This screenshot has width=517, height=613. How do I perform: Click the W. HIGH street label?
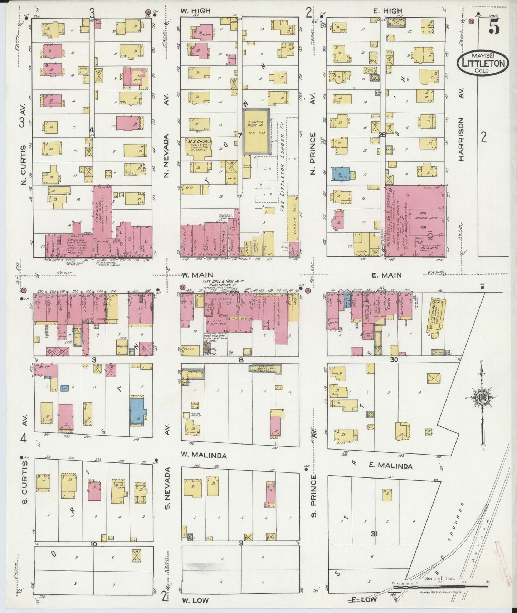[195, 11]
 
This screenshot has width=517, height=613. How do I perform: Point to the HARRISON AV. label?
[461, 139]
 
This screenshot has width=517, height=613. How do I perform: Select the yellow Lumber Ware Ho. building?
[257, 131]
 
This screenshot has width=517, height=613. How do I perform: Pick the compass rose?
[482, 397]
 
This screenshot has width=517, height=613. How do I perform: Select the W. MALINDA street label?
[204, 455]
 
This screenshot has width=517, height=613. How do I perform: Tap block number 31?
[374, 534]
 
